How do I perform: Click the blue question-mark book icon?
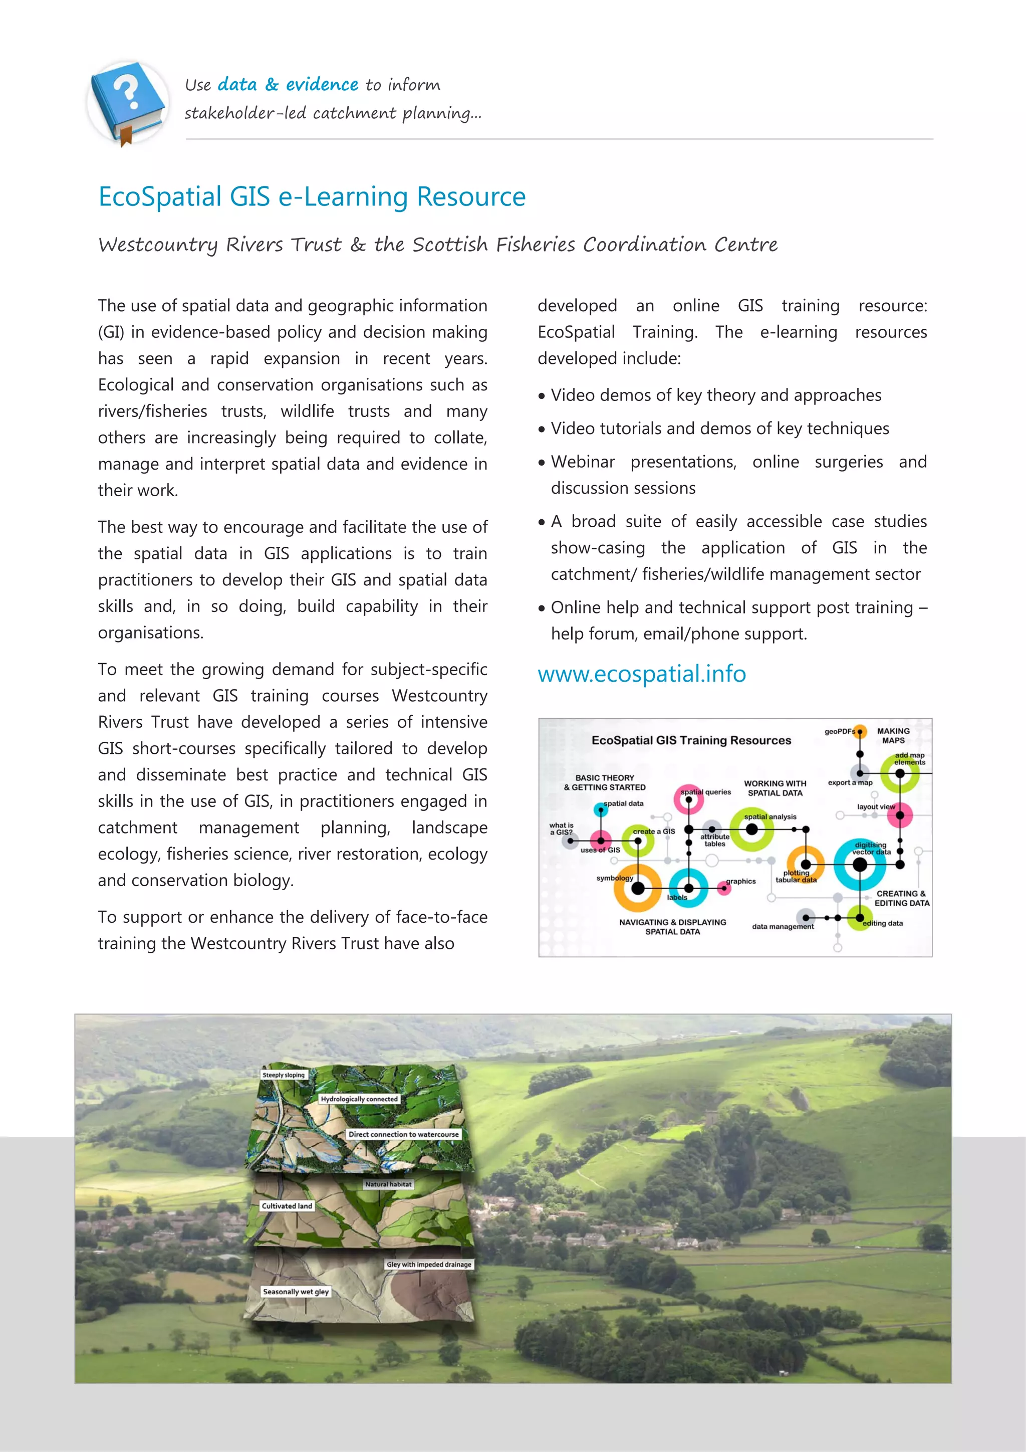click(128, 101)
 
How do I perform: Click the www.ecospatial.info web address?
click(641, 674)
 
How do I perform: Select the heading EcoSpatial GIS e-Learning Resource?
click(312, 196)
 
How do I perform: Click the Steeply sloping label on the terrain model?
click(283, 1075)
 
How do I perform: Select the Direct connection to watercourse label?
click(403, 1134)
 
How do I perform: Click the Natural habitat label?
click(388, 1184)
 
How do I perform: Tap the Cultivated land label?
click(287, 1206)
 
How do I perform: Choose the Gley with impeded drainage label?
click(429, 1264)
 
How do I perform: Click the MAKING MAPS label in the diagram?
click(893, 735)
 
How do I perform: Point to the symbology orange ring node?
click(638, 888)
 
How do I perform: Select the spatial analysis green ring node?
click(751, 829)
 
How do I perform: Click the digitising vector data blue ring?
click(860, 865)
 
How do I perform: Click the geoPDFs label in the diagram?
click(839, 731)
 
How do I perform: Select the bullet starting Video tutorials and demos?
click(719, 428)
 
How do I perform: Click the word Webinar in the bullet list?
click(582, 462)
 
